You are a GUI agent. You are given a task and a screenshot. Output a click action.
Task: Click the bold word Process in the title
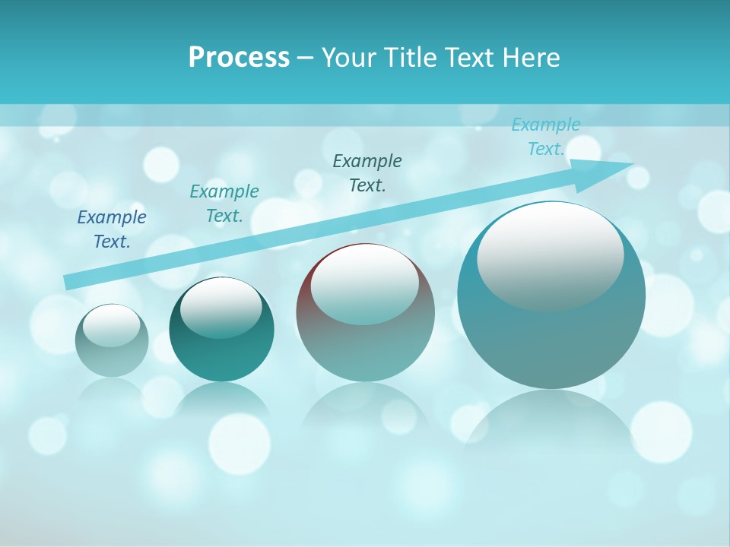point(239,58)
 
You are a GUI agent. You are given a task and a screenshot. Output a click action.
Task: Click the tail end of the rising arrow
point(70,282)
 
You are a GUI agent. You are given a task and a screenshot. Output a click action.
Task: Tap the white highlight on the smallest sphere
point(111,325)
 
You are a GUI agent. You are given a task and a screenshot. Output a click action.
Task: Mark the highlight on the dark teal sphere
point(221,307)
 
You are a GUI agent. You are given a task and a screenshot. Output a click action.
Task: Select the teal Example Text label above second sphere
point(224,204)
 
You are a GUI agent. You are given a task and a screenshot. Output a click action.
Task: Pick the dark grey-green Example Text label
point(367,173)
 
